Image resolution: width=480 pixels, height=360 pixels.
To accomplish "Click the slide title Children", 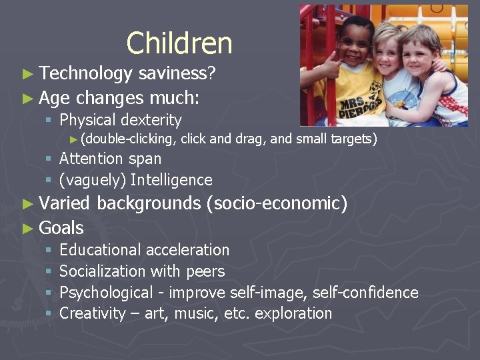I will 179,43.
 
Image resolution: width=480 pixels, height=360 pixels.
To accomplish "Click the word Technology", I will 86,74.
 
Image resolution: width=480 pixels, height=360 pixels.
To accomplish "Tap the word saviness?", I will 177,74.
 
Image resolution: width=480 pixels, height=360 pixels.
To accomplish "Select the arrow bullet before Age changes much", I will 27,99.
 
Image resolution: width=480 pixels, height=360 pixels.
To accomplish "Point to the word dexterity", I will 151,121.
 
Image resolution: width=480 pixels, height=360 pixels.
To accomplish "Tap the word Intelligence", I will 171,180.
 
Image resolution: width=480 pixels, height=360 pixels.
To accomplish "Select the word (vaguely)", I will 93,180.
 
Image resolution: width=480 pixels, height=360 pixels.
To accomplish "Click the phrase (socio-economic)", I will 277,203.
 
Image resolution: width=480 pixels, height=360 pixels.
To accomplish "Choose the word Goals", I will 61,228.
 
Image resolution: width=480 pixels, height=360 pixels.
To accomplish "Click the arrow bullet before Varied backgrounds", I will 27,203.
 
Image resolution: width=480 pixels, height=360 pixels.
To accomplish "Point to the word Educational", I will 100,250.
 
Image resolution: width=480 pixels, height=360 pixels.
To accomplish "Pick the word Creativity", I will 93,313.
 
